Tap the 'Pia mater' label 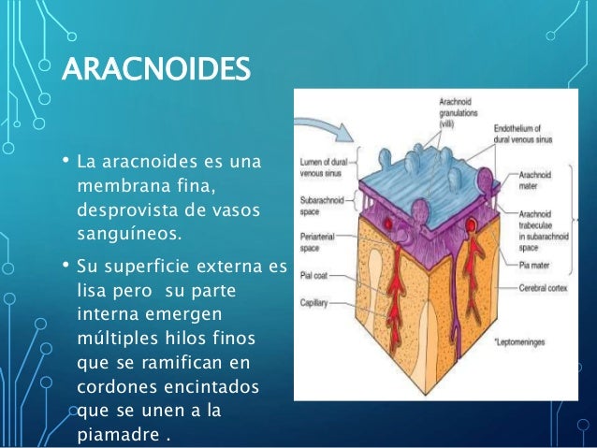pos(536,265)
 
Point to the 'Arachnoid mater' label pos(536,181)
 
